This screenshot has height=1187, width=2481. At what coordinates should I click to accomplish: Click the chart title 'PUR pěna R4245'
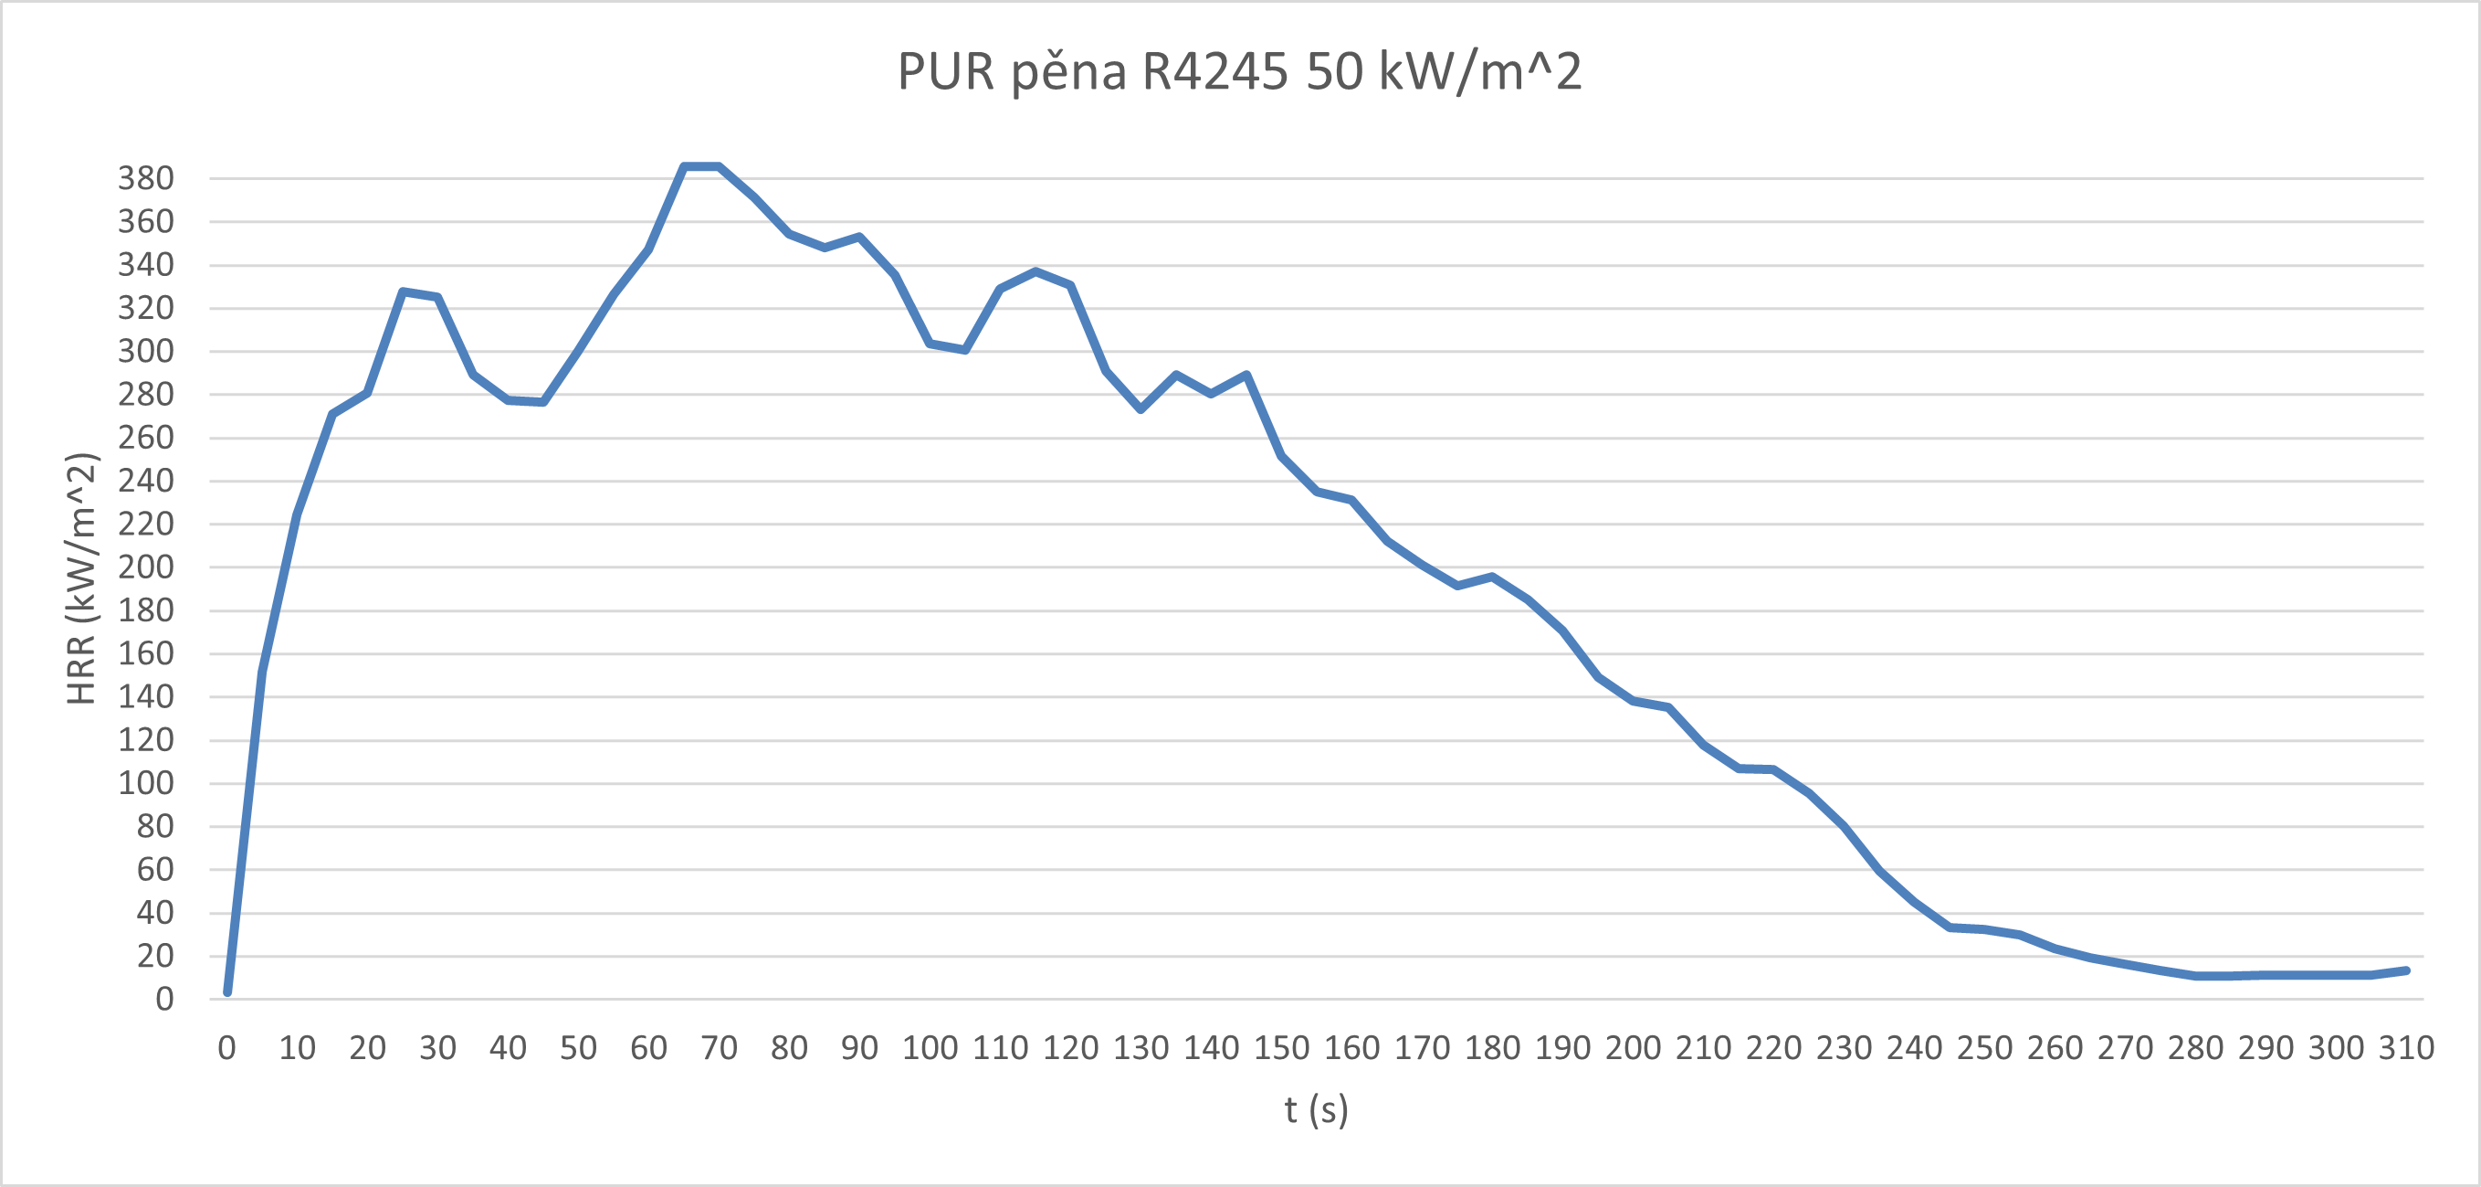click(x=1239, y=71)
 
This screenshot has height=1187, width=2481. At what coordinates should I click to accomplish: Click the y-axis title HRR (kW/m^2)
click(x=82, y=578)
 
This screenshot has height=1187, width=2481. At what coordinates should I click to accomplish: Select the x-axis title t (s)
click(x=1316, y=1110)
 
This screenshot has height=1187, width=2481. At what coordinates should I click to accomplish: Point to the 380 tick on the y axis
click(x=145, y=178)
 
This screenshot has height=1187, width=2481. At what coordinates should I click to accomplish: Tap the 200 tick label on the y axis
click(x=145, y=567)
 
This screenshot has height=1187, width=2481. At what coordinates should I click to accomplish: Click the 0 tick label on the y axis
click(x=164, y=999)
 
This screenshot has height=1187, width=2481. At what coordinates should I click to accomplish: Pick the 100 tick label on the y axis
click(x=145, y=783)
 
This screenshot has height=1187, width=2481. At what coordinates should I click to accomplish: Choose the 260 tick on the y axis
click(x=145, y=438)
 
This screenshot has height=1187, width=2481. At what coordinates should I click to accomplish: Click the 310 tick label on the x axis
click(x=2406, y=1048)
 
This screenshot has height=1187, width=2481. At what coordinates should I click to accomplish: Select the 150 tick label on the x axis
click(x=1281, y=1048)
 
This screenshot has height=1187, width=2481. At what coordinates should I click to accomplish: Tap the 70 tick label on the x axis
click(x=719, y=1048)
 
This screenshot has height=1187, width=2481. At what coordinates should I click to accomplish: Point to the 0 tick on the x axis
click(x=226, y=1048)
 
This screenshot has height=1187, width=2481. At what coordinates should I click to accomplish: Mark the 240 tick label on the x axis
click(x=1914, y=1048)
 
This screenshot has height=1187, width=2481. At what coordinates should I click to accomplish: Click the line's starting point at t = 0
click(x=227, y=991)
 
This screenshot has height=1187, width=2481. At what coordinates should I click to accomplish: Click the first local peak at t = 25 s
click(x=403, y=291)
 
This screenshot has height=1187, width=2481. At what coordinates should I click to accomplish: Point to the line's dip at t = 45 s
click(x=543, y=402)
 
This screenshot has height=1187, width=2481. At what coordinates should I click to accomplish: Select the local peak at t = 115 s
click(x=1036, y=271)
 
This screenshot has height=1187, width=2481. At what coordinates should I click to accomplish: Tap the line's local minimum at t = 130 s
click(x=1141, y=409)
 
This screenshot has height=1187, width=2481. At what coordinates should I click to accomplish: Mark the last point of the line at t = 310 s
click(x=2406, y=970)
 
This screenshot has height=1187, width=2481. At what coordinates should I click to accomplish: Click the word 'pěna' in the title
click(x=1068, y=71)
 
